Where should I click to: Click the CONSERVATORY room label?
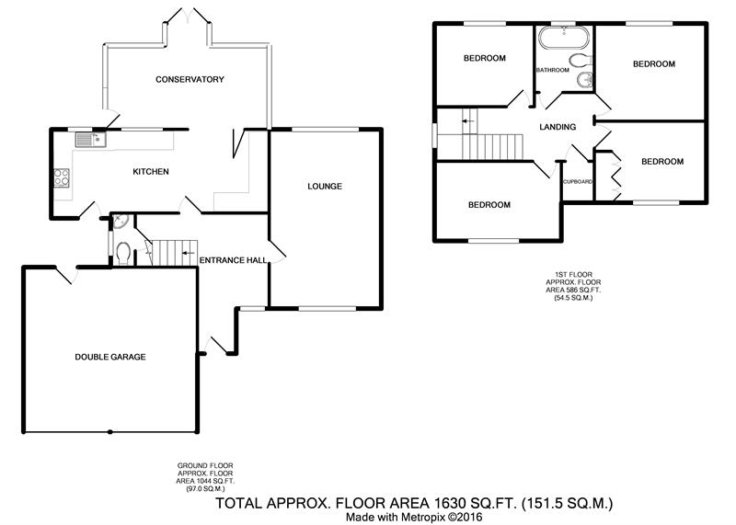pyautogui.click(x=190, y=79)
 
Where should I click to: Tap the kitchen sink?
pyautogui.click(x=90, y=140)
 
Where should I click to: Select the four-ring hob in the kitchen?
pyautogui.click(x=62, y=177)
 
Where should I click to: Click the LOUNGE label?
pyautogui.click(x=325, y=187)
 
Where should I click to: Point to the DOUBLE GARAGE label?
pyautogui.click(x=110, y=357)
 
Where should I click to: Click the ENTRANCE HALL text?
pyautogui.click(x=234, y=260)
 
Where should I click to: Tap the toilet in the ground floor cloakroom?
pyautogui.click(x=123, y=254)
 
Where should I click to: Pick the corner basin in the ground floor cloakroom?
pyautogui.click(x=120, y=221)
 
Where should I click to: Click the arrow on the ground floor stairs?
pyautogui.click(x=189, y=253)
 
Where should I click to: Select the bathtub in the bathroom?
pyautogui.click(x=563, y=38)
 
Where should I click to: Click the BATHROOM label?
pyautogui.click(x=553, y=70)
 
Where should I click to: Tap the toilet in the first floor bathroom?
pyautogui.click(x=581, y=61)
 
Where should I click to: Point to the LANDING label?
pyautogui.click(x=558, y=127)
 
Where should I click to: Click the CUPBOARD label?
pyautogui.click(x=578, y=181)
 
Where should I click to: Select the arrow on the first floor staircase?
pyautogui.click(x=467, y=121)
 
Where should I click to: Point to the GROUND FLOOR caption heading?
pyautogui.click(x=205, y=466)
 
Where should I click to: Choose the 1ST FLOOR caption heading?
pyautogui.click(x=573, y=275)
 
